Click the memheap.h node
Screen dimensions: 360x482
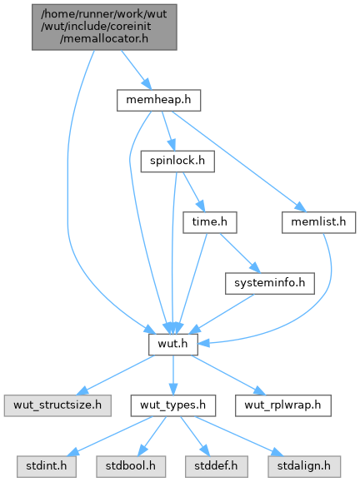click(158, 100)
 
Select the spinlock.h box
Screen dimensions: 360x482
click(177, 161)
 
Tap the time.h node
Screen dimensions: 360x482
click(210, 222)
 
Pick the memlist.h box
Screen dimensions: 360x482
click(318, 222)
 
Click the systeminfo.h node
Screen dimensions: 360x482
click(270, 283)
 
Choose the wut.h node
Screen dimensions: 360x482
click(173, 345)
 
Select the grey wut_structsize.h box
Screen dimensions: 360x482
click(57, 405)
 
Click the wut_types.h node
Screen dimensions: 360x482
click(173, 405)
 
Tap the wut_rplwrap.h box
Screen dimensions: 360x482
click(283, 405)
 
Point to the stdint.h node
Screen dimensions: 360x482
click(47, 466)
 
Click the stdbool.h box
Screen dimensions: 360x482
click(131, 466)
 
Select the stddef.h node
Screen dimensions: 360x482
click(217, 466)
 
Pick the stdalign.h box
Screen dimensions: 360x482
click(304, 466)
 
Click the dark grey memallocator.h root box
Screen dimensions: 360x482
click(104, 27)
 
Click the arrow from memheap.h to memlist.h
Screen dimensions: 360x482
click(238, 161)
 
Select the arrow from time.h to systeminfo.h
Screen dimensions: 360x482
click(240, 253)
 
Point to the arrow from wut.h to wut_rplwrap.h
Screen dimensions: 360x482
click(228, 375)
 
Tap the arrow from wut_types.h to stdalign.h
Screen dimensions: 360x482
click(239, 436)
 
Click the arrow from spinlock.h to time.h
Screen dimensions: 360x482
click(193, 191)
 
